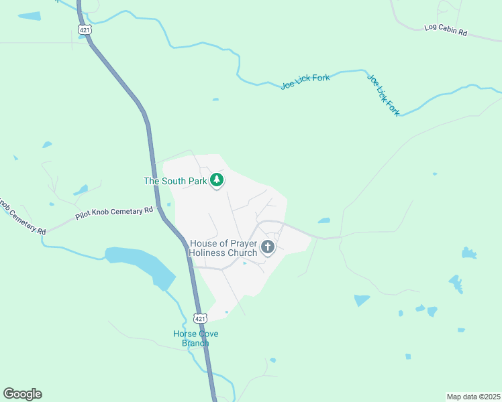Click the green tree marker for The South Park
[x=217, y=180]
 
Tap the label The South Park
[x=174, y=181]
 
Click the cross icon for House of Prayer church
[x=268, y=247]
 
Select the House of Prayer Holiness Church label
[x=223, y=248]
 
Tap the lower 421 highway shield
[x=200, y=317]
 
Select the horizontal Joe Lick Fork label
[x=305, y=82]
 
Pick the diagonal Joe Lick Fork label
[x=383, y=94]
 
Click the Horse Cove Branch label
[x=195, y=338]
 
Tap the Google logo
[x=22, y=394]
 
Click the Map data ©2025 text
[x=472, y=396]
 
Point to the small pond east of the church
[x=324, y=220]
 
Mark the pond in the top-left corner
[x=29, y=15]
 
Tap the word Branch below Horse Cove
[x=195, y=343]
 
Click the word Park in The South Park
[x=196, y=181]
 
